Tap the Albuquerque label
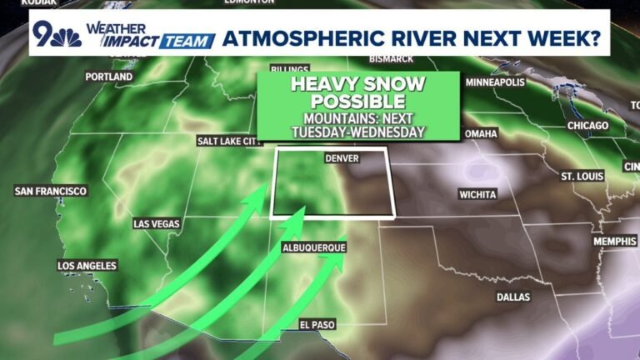pos(313,248)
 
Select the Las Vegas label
pos(157,224)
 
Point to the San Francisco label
pos(51,192)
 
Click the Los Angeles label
pos(87,266)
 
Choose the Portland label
pos(109,77)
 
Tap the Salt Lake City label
pos(229,142)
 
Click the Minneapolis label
pos(495,83)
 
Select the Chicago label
pos(588,126)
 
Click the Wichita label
pos(477,194)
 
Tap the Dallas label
pos(513,297)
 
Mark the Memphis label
pos(615,242)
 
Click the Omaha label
pos(481,133)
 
